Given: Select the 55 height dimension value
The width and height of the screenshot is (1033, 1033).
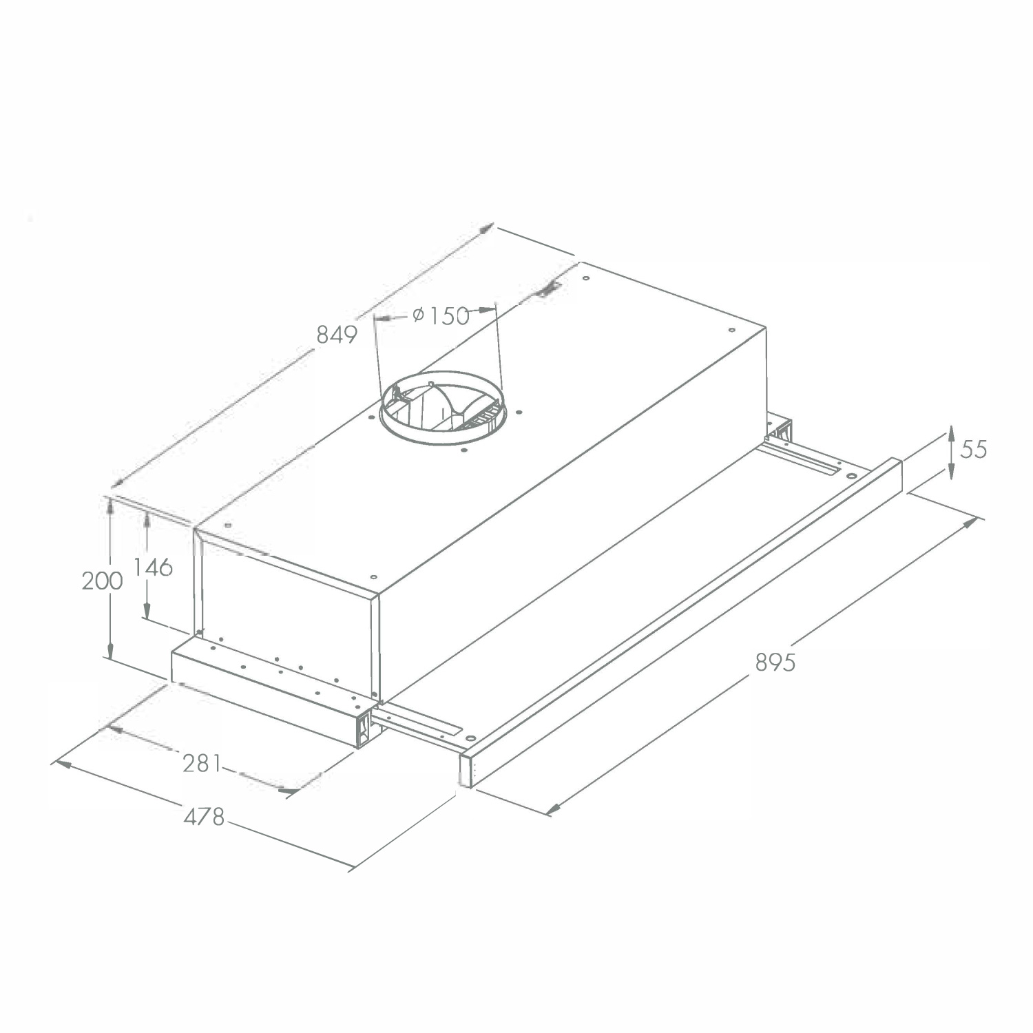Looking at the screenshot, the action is [x=974, y=449].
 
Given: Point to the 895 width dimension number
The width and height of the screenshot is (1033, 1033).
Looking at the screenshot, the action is [x=775, y=662].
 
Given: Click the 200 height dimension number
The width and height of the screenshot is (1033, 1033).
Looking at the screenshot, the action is [x=103, y=581].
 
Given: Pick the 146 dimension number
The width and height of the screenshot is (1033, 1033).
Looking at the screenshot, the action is [x=153, y=567].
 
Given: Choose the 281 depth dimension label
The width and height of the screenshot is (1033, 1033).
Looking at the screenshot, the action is [x=202, y=763].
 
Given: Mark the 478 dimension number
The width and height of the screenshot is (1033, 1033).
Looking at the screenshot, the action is [x=205, y=817].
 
